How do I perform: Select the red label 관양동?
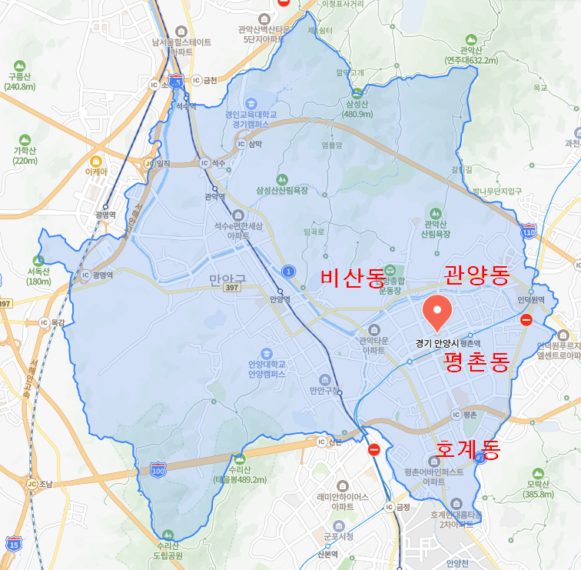(476, 274)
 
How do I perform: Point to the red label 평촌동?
(476, 362)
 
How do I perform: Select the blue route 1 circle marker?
(288, 272)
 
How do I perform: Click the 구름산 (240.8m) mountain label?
(21, 82)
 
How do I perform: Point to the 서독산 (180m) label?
(38, 276)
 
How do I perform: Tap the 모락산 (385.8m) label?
(538, 488)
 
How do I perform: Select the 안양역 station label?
(280, 299)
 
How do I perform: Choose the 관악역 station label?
(214, 196)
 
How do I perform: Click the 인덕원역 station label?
(530, 299)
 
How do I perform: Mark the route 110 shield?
(528, 232)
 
